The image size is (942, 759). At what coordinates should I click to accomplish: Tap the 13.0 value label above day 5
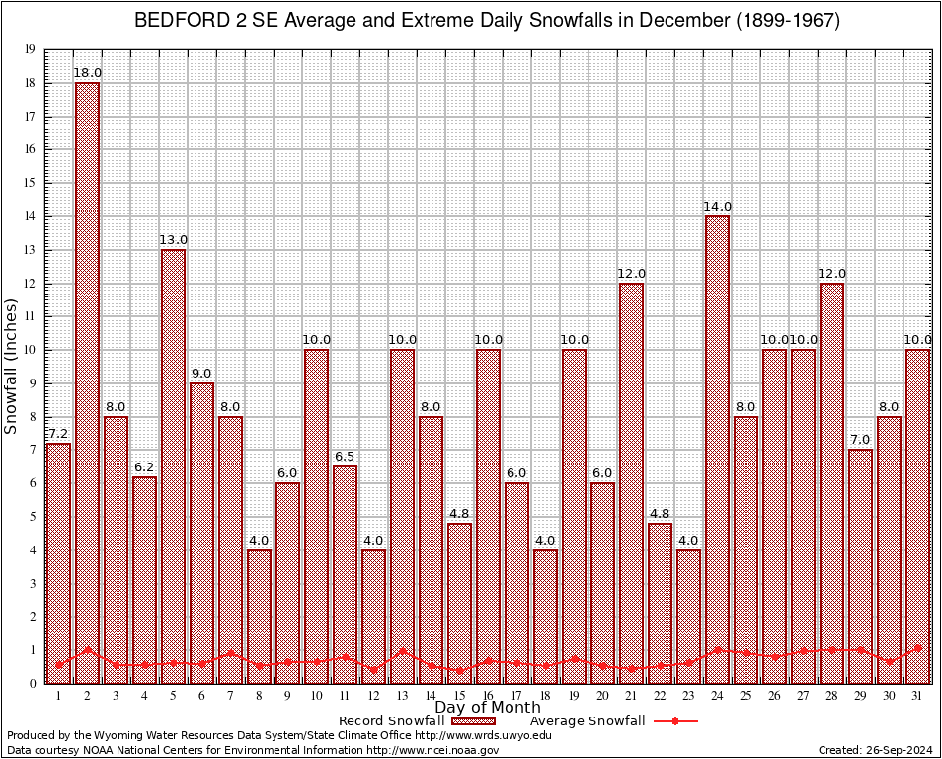tap(173, 240)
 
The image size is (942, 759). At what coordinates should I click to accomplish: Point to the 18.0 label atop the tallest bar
tap(87, 73)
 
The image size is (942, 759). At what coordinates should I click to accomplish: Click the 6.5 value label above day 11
tap(345, 457)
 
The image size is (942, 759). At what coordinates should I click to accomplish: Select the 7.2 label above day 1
tap(58, 434)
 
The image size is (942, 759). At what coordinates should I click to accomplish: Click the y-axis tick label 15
tap(30, 183)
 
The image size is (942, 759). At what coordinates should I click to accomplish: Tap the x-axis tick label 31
tap(917, 695)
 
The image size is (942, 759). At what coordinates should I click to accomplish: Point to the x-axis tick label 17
tap(516, 695)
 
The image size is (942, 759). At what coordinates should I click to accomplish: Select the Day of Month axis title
tap(487, 708)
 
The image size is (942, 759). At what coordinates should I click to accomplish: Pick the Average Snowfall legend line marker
tap(675, 721)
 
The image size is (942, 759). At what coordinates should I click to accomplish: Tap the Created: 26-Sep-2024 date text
tap(876, 750)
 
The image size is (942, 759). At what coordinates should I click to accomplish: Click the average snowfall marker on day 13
tap(402, 651)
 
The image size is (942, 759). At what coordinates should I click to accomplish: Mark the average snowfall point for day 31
tap(917, 648)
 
